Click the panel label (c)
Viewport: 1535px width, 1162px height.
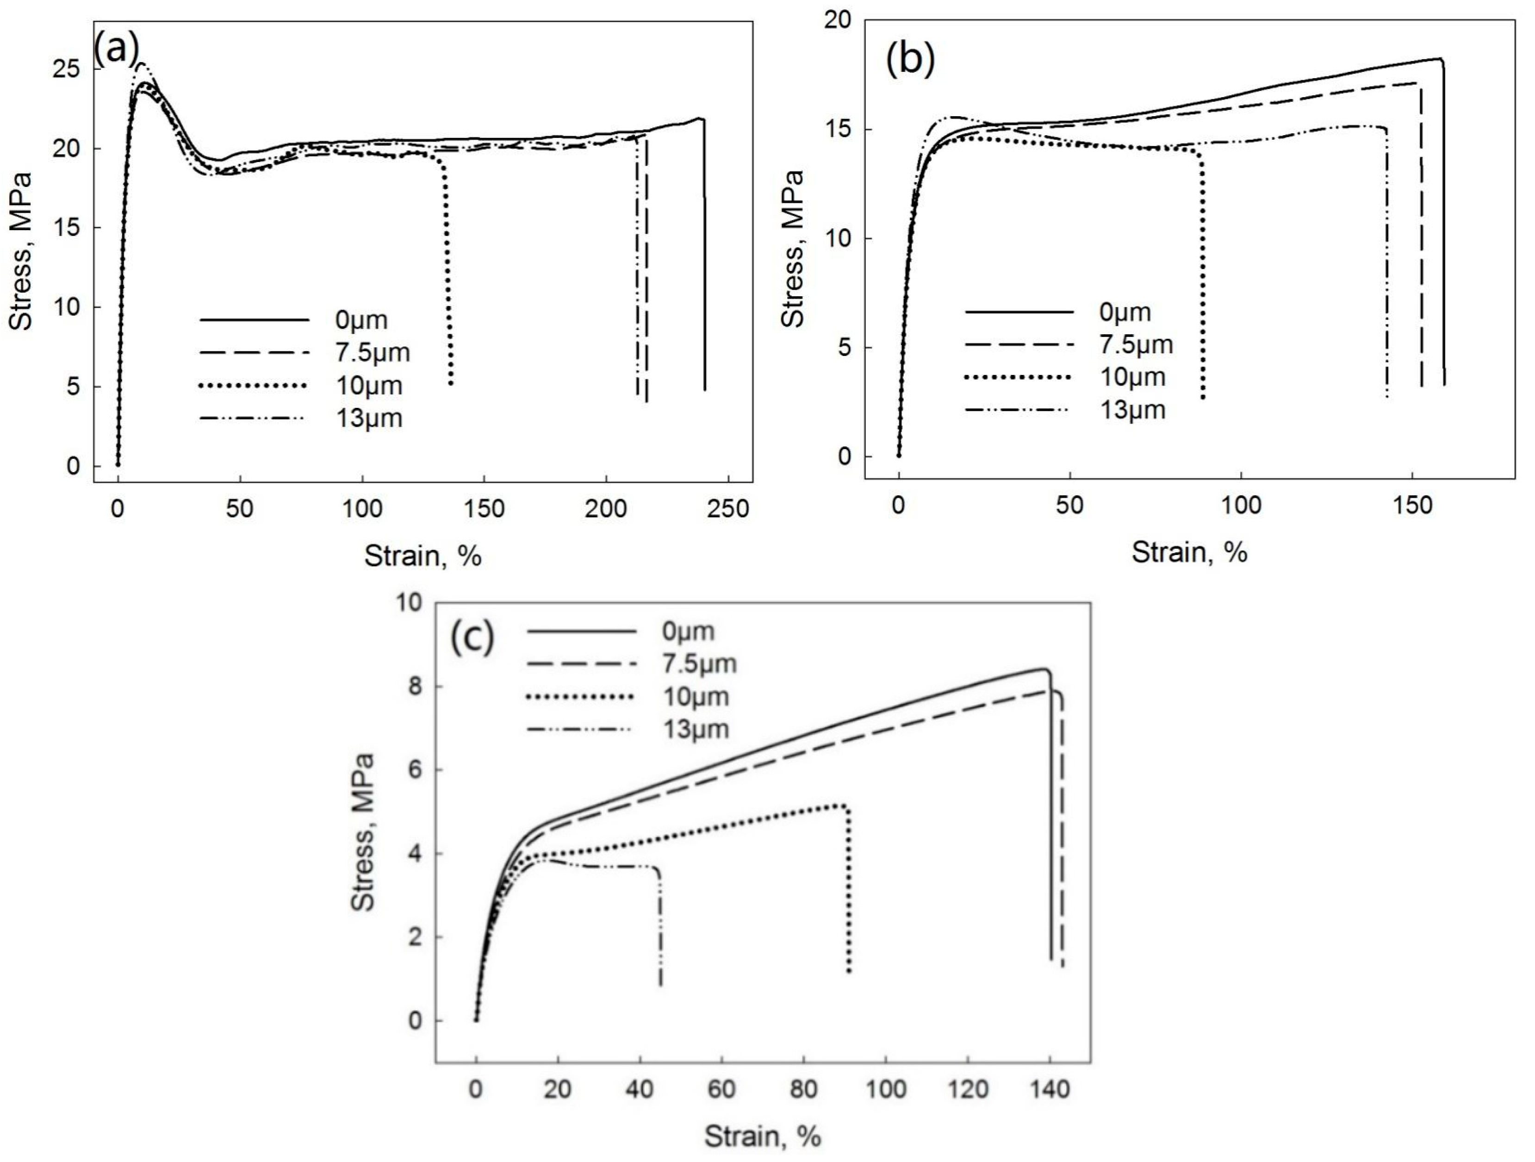472,637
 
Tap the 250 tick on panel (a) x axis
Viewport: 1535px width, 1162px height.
728,509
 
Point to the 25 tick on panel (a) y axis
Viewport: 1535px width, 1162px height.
67,69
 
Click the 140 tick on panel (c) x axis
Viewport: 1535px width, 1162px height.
1050,1089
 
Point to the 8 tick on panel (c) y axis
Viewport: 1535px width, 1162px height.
414,687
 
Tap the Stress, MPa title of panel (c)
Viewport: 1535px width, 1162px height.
363,832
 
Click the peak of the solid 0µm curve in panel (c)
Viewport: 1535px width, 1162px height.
1044,669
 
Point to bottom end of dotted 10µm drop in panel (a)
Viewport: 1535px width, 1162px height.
451,383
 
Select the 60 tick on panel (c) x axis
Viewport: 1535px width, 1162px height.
722,1089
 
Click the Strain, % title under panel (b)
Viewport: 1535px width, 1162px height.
1189,553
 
